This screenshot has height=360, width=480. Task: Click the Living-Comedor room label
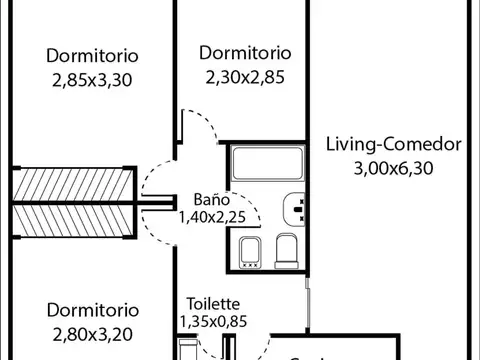click(x=393, y=145)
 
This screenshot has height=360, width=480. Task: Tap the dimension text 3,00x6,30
click(x=393, y=168)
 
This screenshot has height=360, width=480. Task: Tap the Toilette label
click(x=212, y=302)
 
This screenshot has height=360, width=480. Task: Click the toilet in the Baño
click(x=287, y=250)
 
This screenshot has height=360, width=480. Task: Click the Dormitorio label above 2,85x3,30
click(x=92, y=56)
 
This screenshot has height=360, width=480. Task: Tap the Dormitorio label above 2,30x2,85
click(x=245, y=52)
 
